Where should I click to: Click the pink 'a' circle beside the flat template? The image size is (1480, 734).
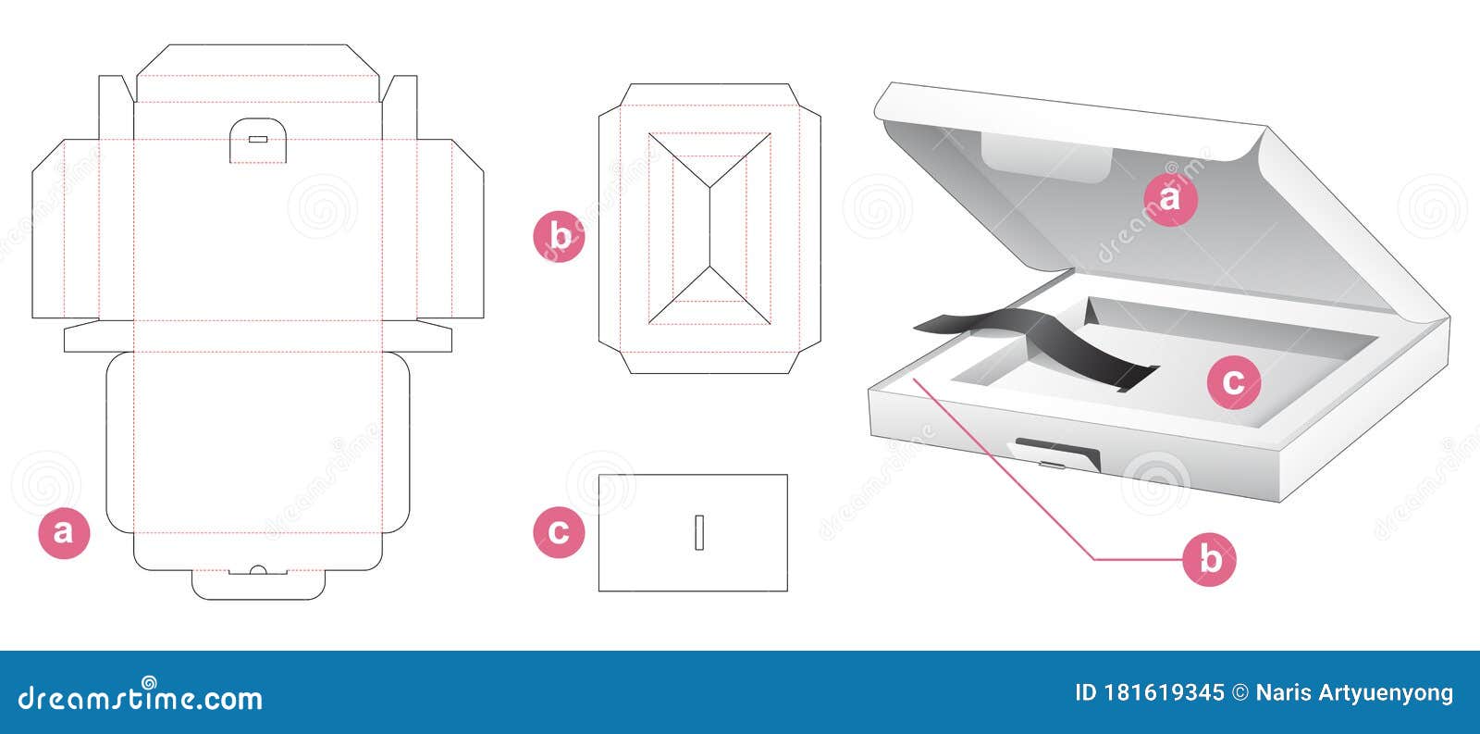point(64,533)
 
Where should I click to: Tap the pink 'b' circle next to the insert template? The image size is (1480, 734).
point(559,237)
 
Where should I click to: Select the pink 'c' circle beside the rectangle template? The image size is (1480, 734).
point(559,532)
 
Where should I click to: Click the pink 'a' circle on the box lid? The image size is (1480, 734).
point(1170,199)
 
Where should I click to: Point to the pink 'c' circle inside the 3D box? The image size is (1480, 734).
point(1234,382)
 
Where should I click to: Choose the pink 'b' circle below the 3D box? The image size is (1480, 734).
point(1209,559)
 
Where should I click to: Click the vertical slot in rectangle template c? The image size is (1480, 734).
point(699,532)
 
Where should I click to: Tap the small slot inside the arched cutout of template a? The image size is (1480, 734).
point(258,140)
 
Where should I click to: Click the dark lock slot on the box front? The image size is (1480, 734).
point(1058,452)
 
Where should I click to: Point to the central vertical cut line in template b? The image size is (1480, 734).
point(709,228)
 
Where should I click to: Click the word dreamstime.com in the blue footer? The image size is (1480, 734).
point(140,697)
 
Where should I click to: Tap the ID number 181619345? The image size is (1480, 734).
point(1165,693)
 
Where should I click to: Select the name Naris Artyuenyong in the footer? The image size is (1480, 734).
point(1354,693)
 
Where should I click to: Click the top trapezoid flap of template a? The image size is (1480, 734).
point(258,73)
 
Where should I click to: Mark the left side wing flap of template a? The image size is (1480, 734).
point(66,229)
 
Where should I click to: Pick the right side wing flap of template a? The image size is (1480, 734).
point(450,229)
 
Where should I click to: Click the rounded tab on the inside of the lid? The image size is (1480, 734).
point(1045,157)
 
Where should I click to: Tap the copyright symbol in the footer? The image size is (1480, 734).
point(1240,693)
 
